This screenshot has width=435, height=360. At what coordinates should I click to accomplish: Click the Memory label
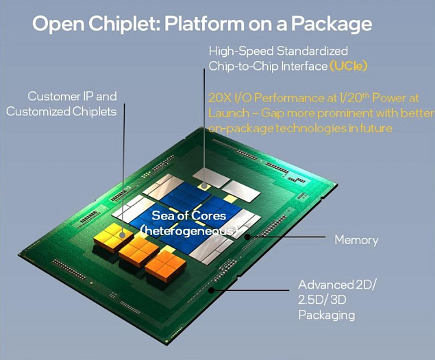(356, 240)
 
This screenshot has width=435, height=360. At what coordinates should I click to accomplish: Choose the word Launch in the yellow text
(229, 112)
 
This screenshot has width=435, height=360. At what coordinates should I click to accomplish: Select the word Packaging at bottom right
(326, 315)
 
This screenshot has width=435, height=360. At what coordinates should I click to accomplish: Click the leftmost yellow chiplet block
(113, 238)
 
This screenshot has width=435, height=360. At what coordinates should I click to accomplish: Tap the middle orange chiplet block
(138, 252)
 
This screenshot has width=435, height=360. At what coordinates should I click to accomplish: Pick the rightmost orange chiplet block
(164, 264)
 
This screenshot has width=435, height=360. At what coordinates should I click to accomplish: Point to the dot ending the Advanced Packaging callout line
(210, 289)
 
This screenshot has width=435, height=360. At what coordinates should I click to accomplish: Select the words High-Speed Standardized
(277, 51)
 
